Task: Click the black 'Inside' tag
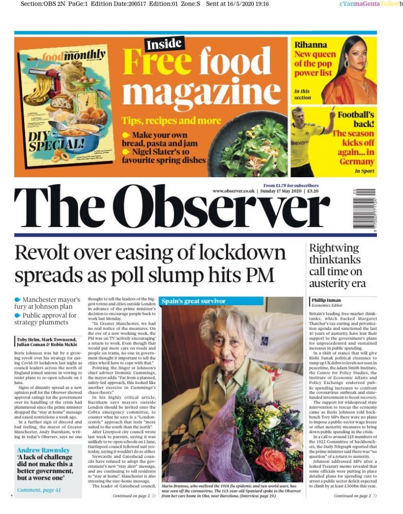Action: point(164,45)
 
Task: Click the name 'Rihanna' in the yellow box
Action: point(311,45)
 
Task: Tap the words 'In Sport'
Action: point(364,171)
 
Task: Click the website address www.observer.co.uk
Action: point(234,191)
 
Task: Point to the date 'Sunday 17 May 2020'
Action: point(281,191)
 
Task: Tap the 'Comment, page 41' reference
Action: point(39,489)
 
